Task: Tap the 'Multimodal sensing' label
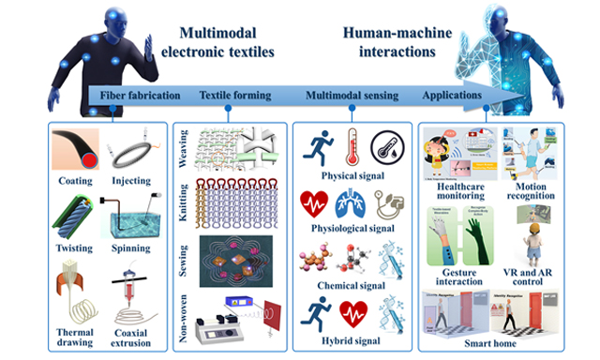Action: (345, 97)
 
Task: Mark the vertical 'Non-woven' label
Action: (184, 315)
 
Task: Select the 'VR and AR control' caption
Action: (535, 277)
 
